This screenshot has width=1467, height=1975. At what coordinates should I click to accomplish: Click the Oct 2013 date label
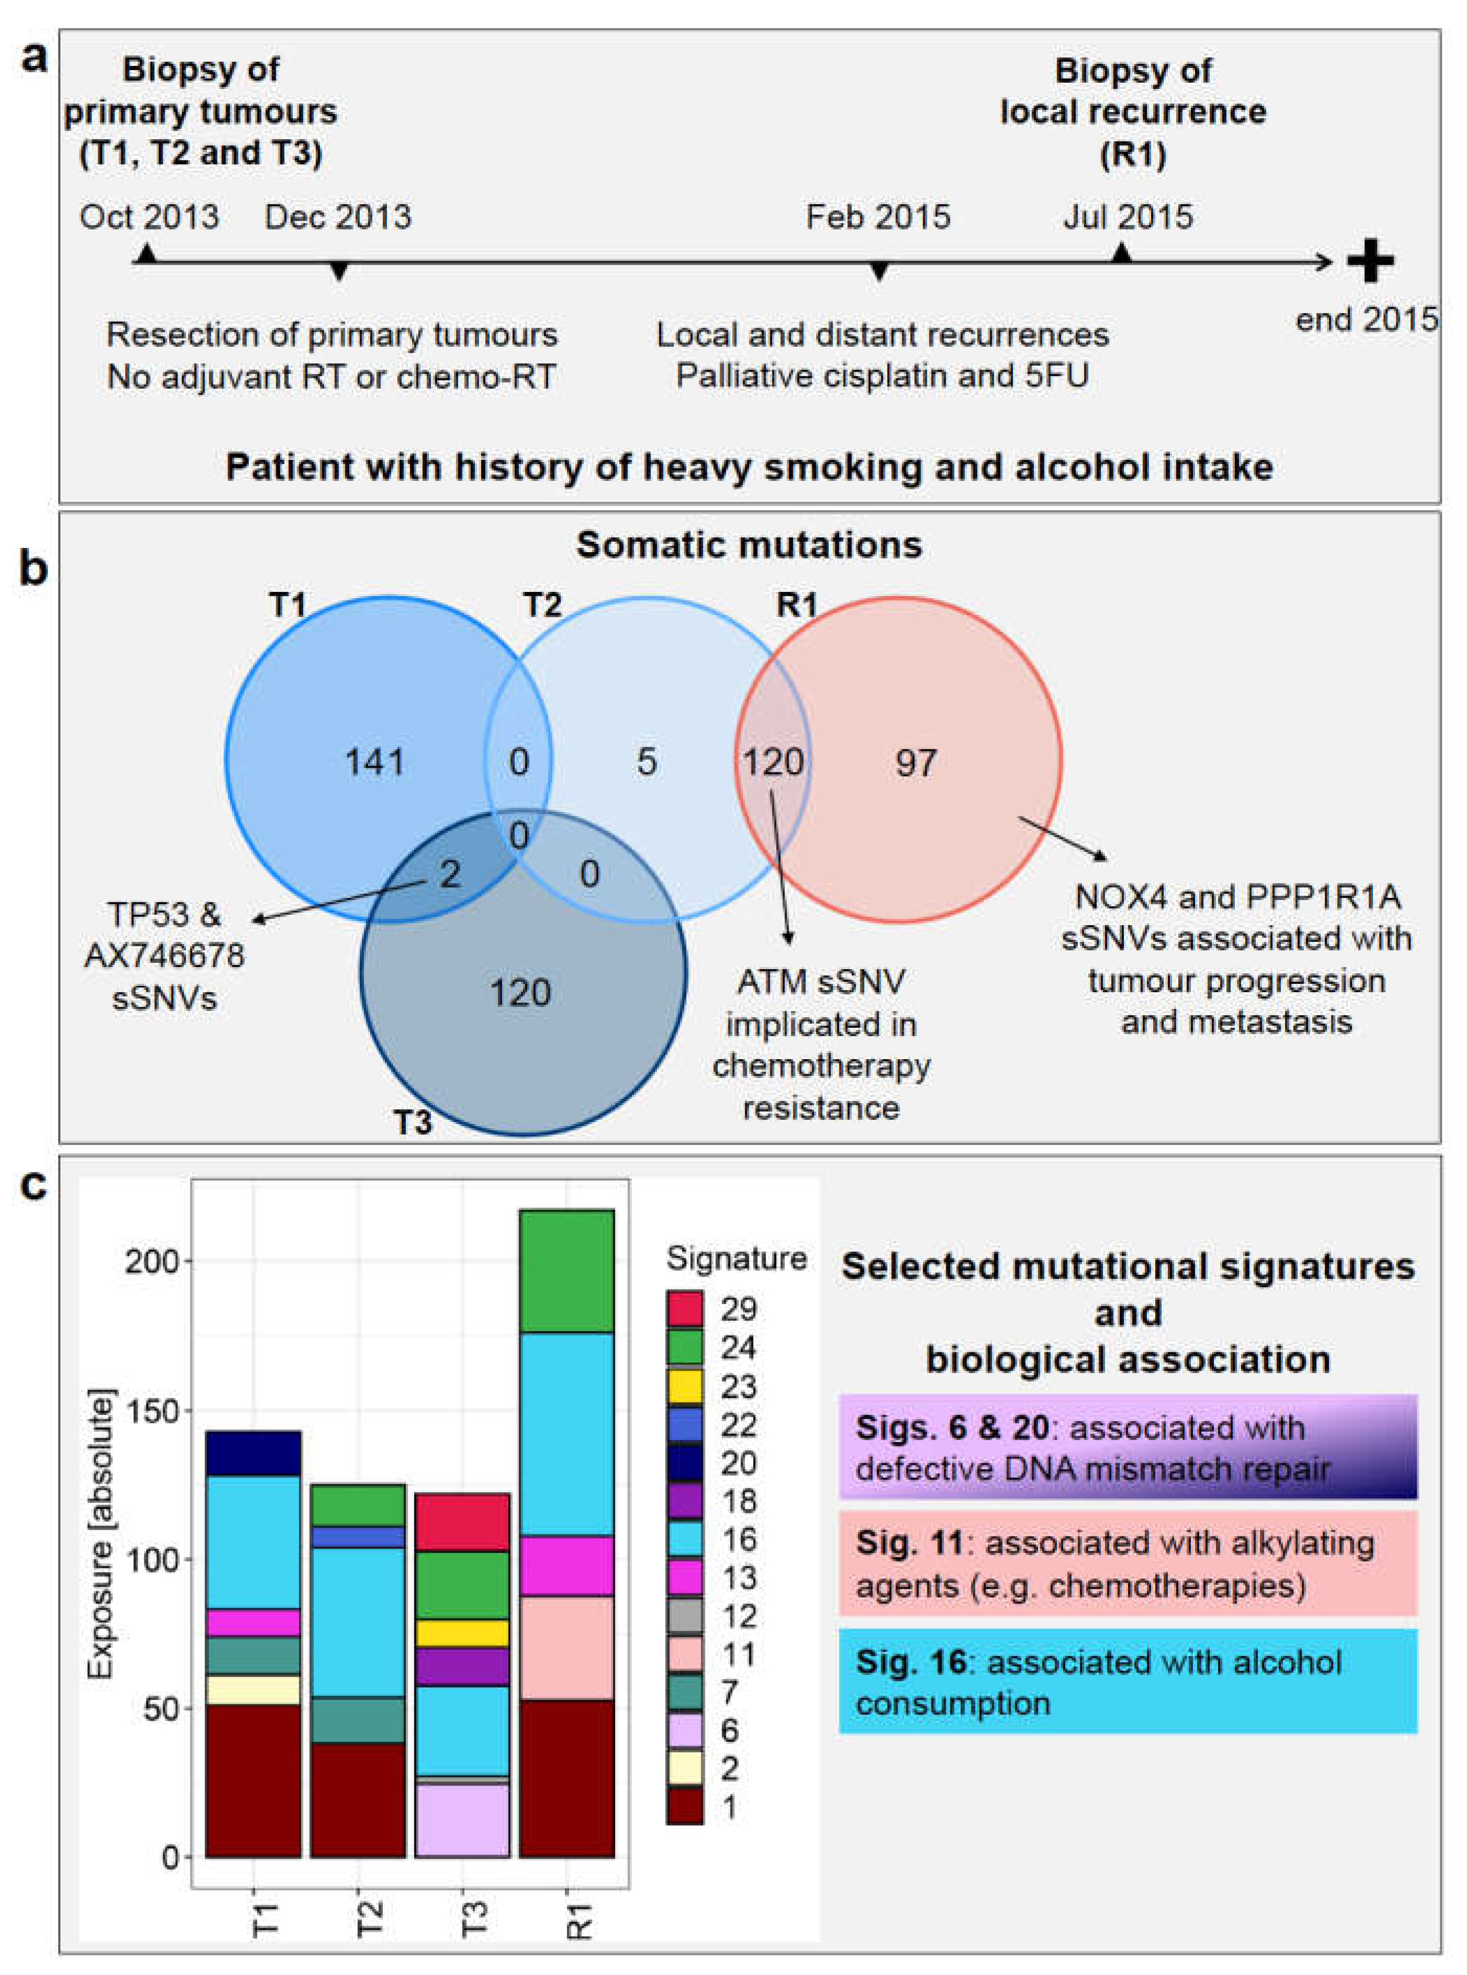[x=149, y=217]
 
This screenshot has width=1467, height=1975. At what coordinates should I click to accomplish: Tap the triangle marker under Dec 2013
[x=338, y=272]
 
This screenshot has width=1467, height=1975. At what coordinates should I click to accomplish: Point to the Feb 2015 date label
[x=878, y=217]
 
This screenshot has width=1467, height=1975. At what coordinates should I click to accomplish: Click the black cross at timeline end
[x=1370, y=261]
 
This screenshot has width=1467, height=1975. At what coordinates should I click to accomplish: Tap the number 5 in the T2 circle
[x=646, y=762]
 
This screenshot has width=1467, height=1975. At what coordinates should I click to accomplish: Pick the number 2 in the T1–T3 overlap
[x=450, y=875]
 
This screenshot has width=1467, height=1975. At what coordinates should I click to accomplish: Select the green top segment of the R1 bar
[x=566, y=1271]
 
